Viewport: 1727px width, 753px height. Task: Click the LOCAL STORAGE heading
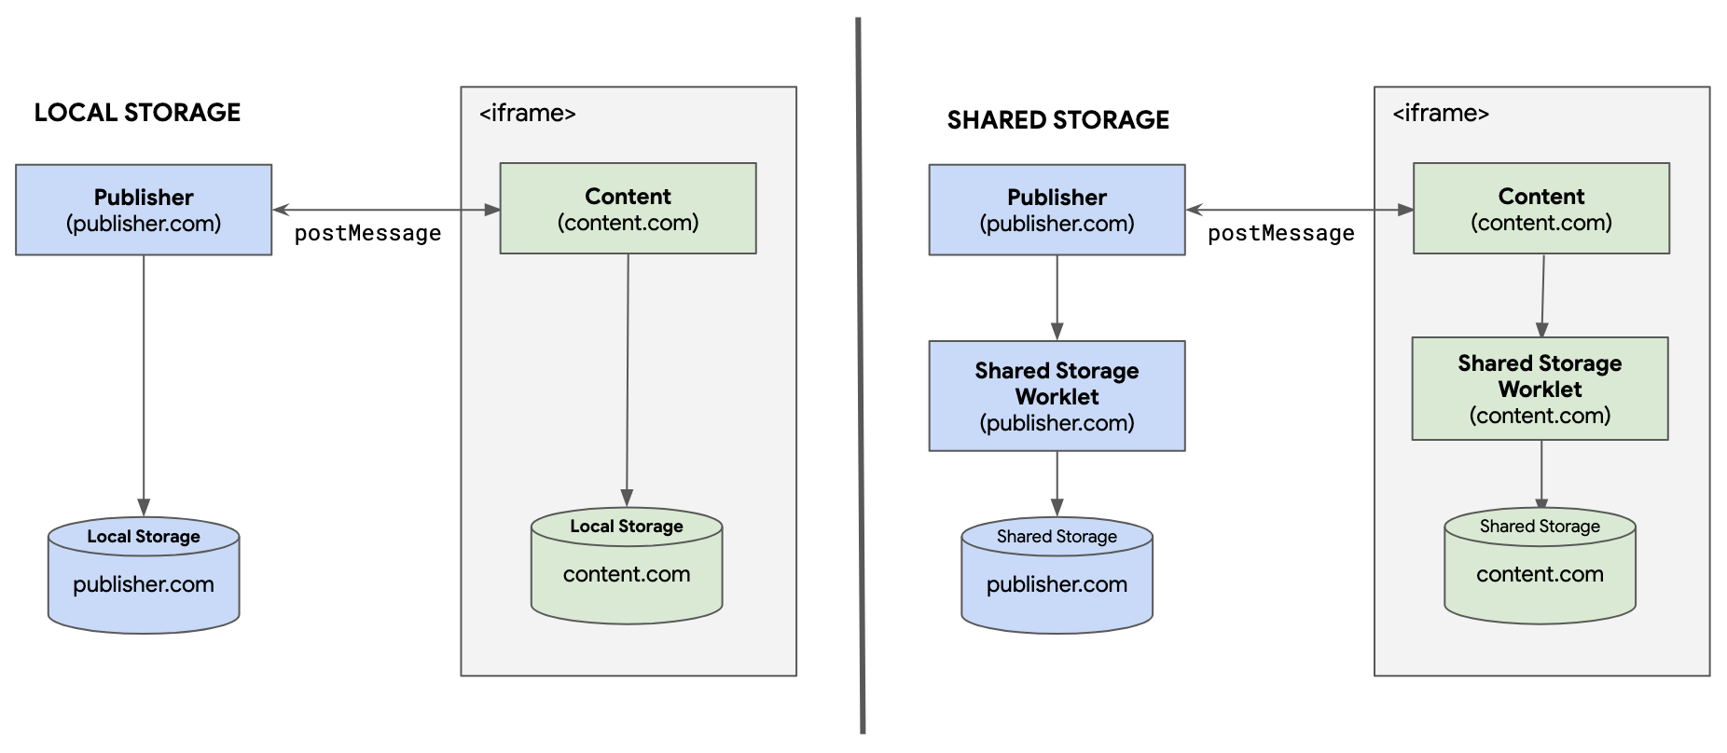(x=137, y=113)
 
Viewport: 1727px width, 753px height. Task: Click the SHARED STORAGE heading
(x=1057, y=120)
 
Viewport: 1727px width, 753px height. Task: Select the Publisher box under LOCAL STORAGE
(x=144, y=210)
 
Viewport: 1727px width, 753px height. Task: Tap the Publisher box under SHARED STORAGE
(x=1057, y=210)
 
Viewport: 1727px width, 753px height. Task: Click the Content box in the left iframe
(x=628, y=209)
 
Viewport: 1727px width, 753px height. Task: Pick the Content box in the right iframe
(x=1540, y=209)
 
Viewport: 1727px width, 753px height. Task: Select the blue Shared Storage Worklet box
(x=1057, y=396)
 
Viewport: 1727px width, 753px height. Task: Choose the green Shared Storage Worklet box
(x=1540, y=389)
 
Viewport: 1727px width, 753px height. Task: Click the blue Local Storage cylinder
(x=144, y=576)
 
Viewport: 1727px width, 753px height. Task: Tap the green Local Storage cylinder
(x=627, y=567)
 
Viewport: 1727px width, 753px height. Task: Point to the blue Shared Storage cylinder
(x=1057, y=576)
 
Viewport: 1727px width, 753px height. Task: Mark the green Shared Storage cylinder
(x=1540, y=567)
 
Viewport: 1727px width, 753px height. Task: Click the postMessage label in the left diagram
(x=367, y=234)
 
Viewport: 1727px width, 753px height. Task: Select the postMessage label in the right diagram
(x=1280, y=234)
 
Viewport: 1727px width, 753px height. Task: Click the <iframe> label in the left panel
(x=527, y=114)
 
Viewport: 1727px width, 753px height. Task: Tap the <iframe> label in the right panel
(x=1440, y=114)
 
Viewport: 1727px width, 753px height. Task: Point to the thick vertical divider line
(x=860, y=373)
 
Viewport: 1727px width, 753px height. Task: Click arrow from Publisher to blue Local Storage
(x=144, y=382)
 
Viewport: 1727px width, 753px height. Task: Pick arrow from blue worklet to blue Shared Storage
(x=1057, y=483)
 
